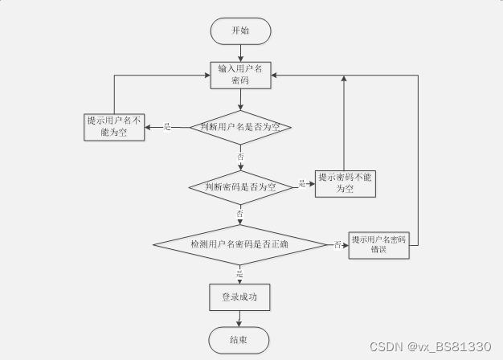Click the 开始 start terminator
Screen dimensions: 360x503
coord(240,31)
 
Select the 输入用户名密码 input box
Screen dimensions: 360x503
coord(240,75)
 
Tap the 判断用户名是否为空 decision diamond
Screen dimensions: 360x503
coord(240,127)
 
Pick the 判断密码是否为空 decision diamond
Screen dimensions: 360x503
coord(240,186)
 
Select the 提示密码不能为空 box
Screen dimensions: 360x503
coord(346,183)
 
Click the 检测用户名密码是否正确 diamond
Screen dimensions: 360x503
coord(239,243)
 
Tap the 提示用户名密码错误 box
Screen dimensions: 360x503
coord(379,244)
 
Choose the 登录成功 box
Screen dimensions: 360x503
coord(240,297)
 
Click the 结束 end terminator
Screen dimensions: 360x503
coord(240,340)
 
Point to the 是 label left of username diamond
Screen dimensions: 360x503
coord(168,127)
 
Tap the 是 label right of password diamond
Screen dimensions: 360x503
coord(302,184)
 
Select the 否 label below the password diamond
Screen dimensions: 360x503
coord(239,214)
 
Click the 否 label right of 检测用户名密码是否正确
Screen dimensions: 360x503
coord(337,244)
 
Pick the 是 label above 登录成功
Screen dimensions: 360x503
coord(239,274)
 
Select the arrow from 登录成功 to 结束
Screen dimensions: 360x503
coord(240,318)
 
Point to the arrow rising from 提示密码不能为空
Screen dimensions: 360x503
coord(345,121)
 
